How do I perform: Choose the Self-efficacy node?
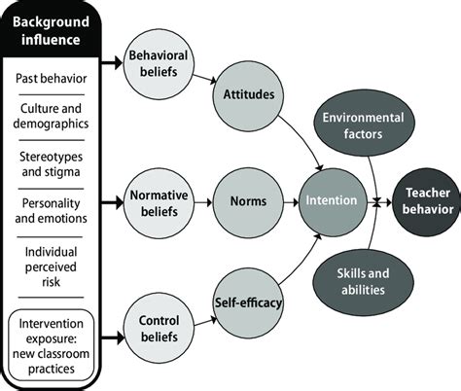pos(246,303)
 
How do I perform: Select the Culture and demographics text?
pos(55,118)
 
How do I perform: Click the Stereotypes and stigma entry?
pos(55,164)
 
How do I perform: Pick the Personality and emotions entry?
pos(55,210)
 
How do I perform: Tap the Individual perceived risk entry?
pos(55,257)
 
